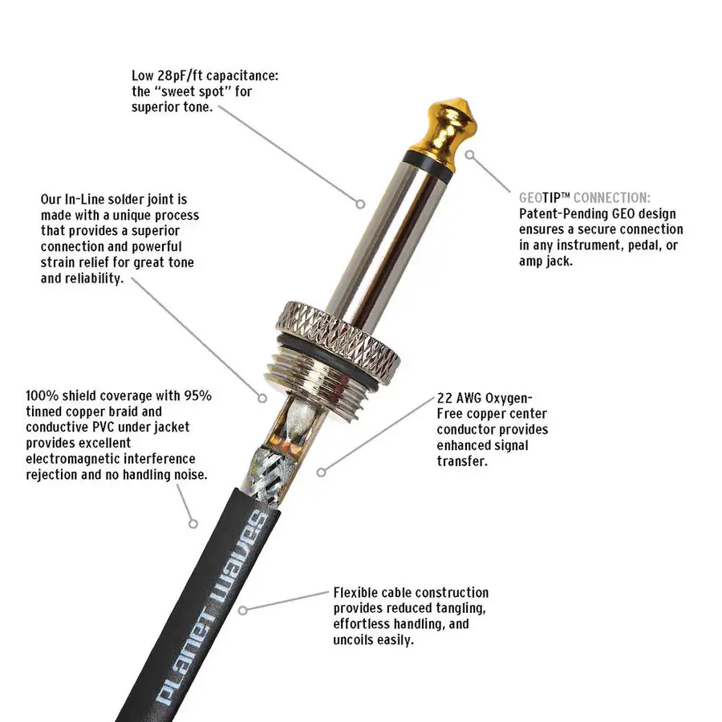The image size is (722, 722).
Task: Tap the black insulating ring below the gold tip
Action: (428, 163)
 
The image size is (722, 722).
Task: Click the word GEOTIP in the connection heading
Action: (540, 198)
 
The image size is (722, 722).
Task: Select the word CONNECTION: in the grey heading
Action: (612, 198)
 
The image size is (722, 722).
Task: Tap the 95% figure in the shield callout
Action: (198, 395)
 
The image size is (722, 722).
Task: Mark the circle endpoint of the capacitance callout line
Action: (360, 204)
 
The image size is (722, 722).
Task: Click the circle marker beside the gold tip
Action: (469, 155)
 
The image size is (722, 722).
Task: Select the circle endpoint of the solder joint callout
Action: (262, 398)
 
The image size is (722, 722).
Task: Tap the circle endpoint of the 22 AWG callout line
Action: (322, 472)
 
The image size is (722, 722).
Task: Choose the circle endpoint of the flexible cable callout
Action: (242, 610)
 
